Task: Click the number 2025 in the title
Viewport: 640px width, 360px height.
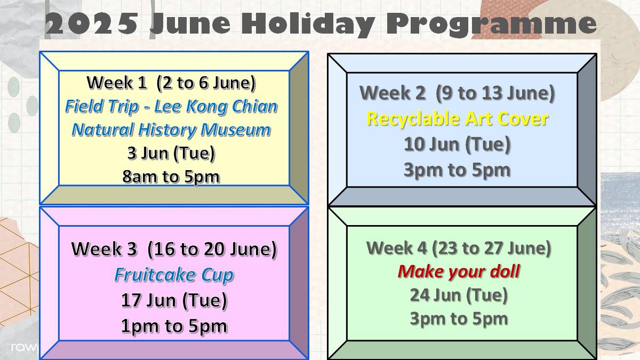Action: click(x=91, y=23)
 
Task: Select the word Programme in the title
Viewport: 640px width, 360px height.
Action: click(x=491, y=25)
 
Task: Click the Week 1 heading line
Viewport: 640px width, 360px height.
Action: click(x=171, y=83)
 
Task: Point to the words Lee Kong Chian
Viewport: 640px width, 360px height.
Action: click(x=216, y=107)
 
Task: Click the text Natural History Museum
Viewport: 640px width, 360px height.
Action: click(x=171, y=130)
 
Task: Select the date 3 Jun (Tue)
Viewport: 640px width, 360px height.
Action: click(x=171, y=154)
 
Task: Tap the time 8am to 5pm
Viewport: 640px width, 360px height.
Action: click(x=171, y=177)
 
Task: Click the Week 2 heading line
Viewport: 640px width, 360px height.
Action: click(x=457, y=93)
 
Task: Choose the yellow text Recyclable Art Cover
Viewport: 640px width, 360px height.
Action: click(x=458, y=119)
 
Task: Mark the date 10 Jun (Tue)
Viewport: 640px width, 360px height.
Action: click(x=457, y=145)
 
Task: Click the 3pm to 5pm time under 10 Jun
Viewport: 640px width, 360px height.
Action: click(x=457, y=170)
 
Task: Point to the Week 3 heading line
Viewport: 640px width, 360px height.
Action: click(x=174, y=249)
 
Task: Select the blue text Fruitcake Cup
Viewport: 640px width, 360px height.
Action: click(x=174, y=275)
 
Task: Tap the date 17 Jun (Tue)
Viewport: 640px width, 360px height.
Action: click(x=174, y=301)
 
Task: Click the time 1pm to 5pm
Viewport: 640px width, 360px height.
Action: click(x=174, y=326)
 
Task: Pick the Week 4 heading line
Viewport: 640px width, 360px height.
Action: click(x=459, y=248)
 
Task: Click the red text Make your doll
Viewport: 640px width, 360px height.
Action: click(x=459, y=271)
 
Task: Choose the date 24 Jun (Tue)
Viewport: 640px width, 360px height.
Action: click(x=459, y=295)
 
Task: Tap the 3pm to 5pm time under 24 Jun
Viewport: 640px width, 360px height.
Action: click(x=459, y=319)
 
